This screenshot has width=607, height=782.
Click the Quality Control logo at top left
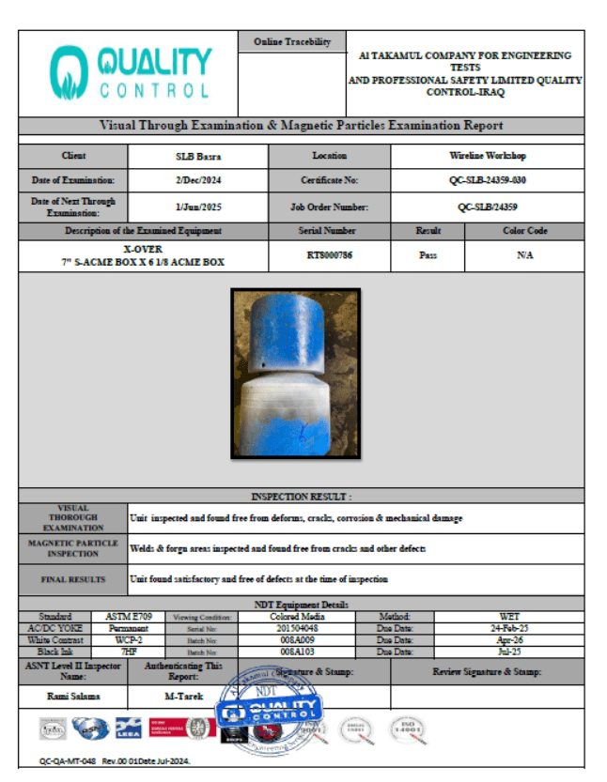click(131, 73)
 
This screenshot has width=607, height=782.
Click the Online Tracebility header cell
click(292, 42)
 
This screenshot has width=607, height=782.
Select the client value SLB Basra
click(198, 156)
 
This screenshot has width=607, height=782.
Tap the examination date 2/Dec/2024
click(198, 179)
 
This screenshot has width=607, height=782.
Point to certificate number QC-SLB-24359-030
click(487, 179)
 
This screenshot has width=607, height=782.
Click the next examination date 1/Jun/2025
click(198, 207)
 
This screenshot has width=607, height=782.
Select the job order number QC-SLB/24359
click(487, 207)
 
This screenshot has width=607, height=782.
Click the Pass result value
click(428, 255)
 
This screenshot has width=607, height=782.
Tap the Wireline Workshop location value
click(487, 156)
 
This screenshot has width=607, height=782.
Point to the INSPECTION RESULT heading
click(301, 496)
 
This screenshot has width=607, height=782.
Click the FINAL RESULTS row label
click(73, 579)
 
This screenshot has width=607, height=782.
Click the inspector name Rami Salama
click(73, 697)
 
